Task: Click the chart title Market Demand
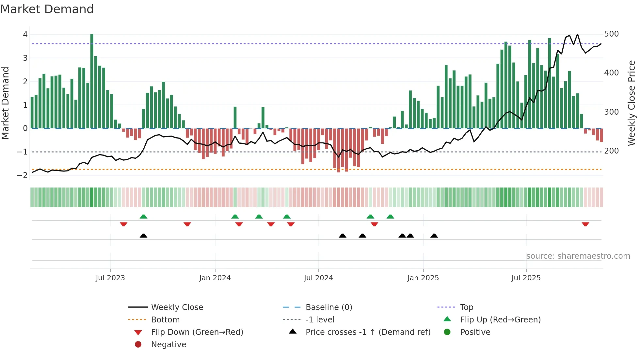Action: click(x=47, y=9)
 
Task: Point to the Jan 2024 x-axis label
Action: click(x=215, y=278)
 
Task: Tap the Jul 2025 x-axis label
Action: click(x=526, y=278)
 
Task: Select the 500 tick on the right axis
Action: click(x=611, y=34)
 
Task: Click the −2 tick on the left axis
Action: click(x=22, y=175)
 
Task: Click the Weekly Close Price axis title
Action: click(x=632, y=103)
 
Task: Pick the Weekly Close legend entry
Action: click(x=177, y=307)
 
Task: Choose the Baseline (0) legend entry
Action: click(x=328, y=307)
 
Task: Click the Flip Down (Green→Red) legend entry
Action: click(x=197, y=332)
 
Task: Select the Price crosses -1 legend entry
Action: click(x=368, y=332)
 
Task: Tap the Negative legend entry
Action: click(x=168, y=345)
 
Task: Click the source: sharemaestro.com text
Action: click(x=578, y=256)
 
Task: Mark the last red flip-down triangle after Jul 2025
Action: click(x=585, y=224)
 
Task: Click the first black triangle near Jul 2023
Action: click(x=143, y=236)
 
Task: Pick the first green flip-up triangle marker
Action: click(x=143, y=217)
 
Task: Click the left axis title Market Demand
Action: click(x=5, y=103)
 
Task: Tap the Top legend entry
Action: click(x=466, y=307)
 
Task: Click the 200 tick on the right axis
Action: click(x=611, y=151)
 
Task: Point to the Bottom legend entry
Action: click(x=165, y=320)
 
